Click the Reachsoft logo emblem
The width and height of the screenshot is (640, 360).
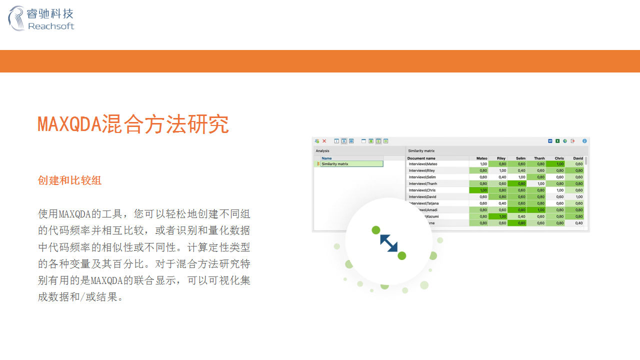(x=16, y=18)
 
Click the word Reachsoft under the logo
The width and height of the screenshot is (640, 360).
(x=51, y=26)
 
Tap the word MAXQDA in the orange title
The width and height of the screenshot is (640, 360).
(x=69, y=124)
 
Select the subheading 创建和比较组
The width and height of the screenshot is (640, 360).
(x=69, y=180)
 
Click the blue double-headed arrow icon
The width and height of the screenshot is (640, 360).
(x=388, y=243)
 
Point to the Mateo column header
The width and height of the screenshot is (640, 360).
(x=481, y=158)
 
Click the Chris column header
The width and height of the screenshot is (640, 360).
(x=559, y=158)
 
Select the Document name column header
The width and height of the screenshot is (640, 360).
(x=421, y=158)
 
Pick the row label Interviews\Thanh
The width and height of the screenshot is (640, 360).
(x=423, y=183)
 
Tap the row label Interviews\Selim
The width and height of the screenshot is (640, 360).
(x=422, y=177)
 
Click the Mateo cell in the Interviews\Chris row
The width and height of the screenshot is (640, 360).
(x=479, y=190)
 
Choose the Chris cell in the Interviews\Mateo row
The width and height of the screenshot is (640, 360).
(x=555, y=164)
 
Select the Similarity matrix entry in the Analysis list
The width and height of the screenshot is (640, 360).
(x=335, y=164)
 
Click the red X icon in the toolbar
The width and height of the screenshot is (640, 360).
(x=324, y=141)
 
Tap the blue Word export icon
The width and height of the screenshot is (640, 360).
(x=550, y=141)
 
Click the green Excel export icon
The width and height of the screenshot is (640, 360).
(x=557, y=141)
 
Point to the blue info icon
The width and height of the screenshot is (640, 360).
(x=584, y=141)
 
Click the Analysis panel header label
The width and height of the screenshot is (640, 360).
(x=322, y=150)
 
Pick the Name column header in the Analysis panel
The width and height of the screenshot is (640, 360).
(x=326, y=158)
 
